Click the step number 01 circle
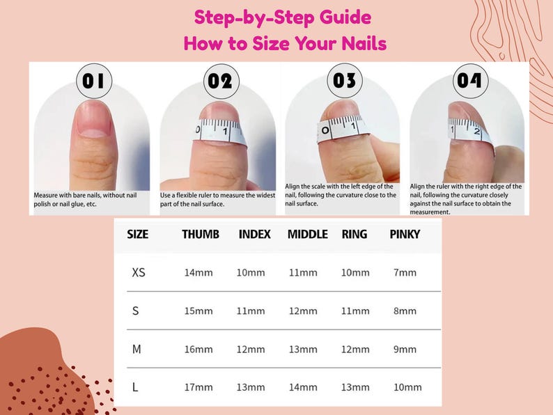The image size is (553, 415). [x=93, y=81]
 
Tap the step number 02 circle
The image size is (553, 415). [x=219, y=81]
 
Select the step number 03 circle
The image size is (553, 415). [x=344, y=81]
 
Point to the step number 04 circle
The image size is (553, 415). [x=470, y=81]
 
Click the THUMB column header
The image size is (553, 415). [x=201, y=235]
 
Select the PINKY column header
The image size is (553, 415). [x=405, y=235]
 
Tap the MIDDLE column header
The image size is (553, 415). [x=307, y=235]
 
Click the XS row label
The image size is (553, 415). [x=139, y=272]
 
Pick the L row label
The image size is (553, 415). [x=135, y=387]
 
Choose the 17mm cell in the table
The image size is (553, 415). [x=198, y=387]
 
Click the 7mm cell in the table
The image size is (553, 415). [x=405, y=272]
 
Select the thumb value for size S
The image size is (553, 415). [x=198, y=311]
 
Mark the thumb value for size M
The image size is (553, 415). [x=198, y=349]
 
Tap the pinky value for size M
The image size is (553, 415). [x=405, y=349]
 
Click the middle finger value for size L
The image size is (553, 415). [x=303, y=387]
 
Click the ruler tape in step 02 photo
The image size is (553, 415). [x=219, y=131]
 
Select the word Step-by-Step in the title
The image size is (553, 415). [x=233, y=17]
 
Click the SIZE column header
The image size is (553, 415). [x=138, y=235]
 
